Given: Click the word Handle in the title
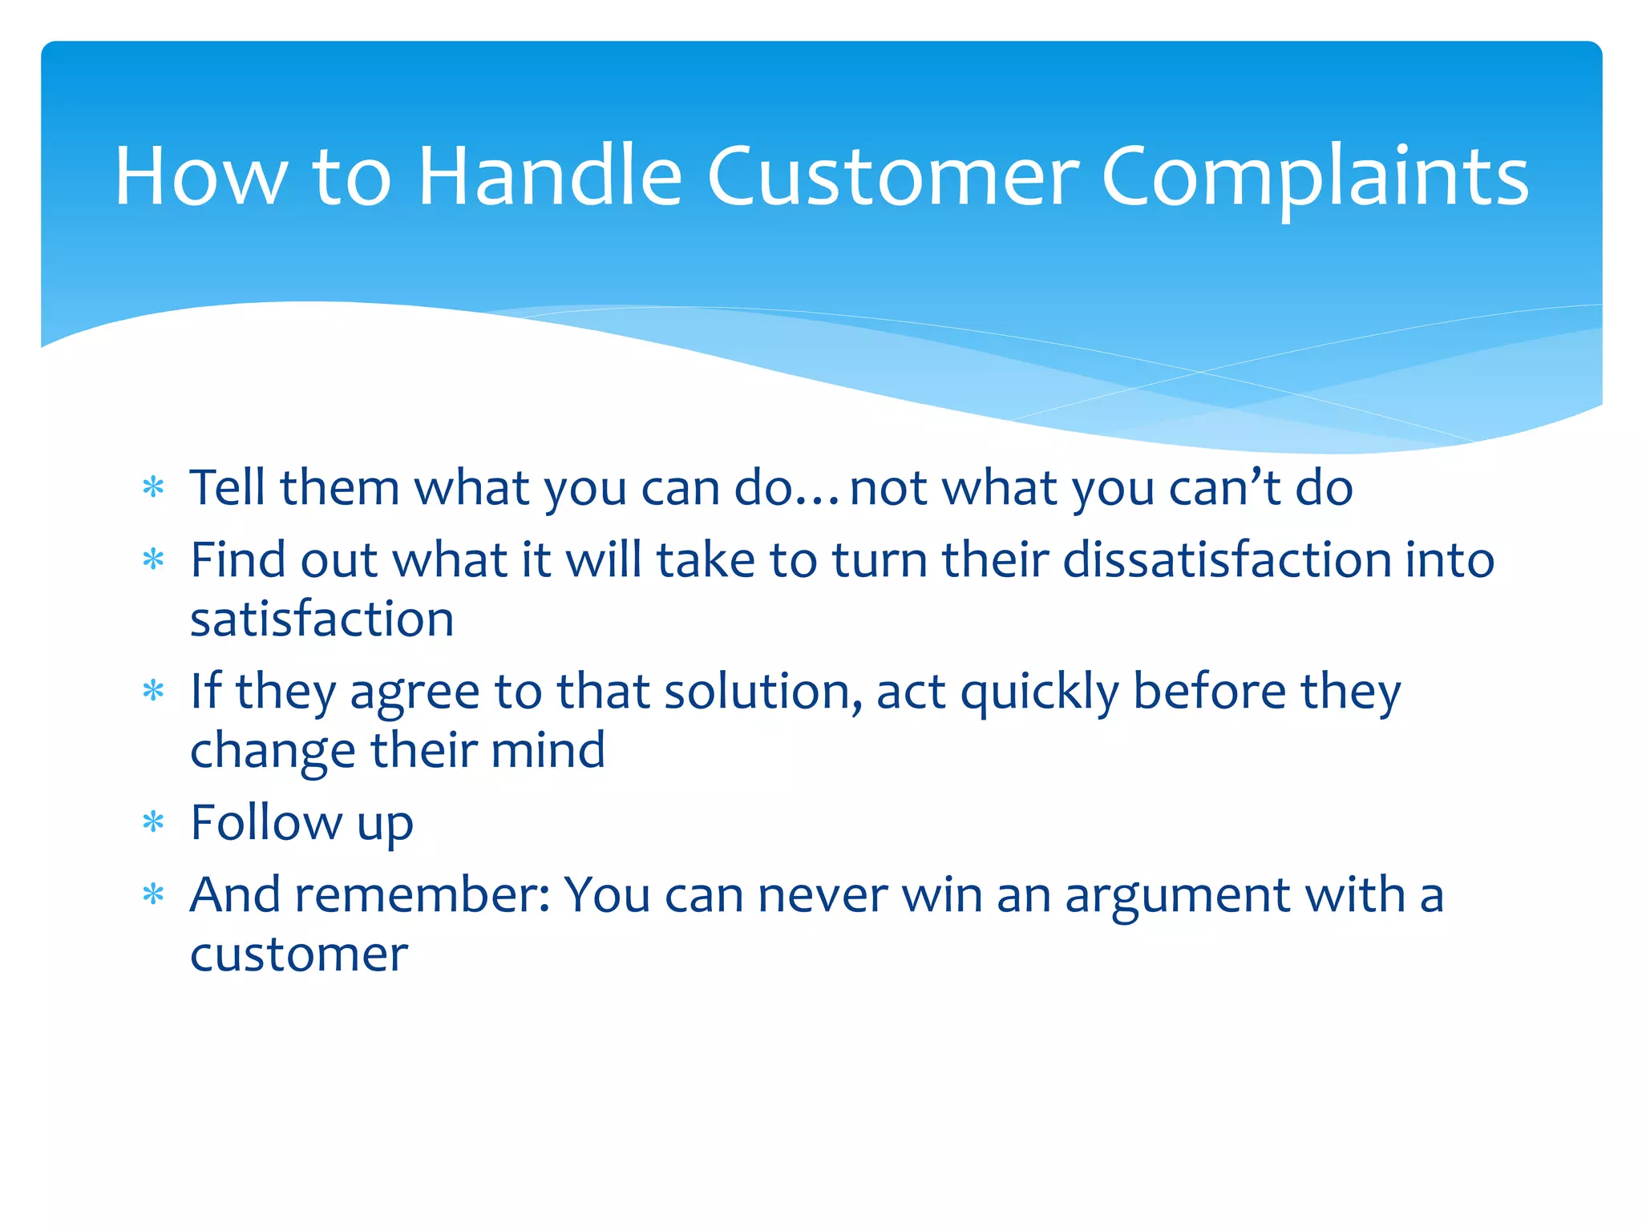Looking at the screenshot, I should click(x=550, y=176).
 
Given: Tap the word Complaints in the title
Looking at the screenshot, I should click(x=1315, y=176).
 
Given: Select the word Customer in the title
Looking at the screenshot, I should click(x=893, y=176).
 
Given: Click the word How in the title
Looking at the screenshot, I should click(x=200, y=176).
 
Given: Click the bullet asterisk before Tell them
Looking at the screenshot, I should click(x=153, y=488).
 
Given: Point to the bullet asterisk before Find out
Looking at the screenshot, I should click(x=153, y=560).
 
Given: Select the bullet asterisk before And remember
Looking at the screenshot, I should click(x=153, y=895).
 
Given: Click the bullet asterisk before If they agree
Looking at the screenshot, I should click(x=153, y=692).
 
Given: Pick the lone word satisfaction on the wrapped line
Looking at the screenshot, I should click(x=322, y=620).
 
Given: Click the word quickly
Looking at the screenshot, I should click(x=1039, y=692).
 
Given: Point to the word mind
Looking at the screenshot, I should click(x=548, y=751).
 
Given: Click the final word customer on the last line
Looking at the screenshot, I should click(x=299, y=955).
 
